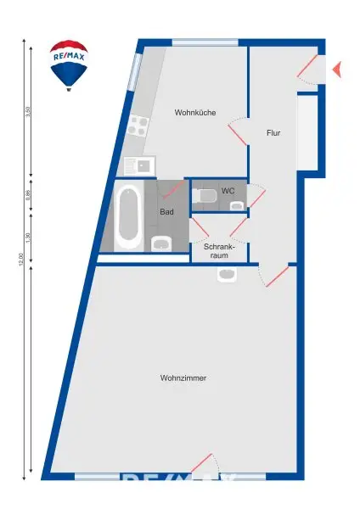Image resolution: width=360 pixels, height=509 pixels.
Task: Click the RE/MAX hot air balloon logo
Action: tap(69, 64)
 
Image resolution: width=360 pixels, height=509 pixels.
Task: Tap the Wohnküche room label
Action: tap(194, 113)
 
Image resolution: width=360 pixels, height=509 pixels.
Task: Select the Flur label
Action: tap(273, 133)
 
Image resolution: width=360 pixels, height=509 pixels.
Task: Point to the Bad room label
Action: tap(166, 212)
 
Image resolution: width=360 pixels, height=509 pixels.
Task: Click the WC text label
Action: tap(228, 191)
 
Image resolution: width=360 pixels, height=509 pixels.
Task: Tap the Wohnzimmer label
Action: tap(183, 378)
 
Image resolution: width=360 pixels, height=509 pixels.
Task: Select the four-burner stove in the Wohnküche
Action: tap(138, 127)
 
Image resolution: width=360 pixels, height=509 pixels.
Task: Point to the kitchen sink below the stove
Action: tap(138, 166)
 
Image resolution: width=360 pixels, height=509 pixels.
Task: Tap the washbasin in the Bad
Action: tap(161, 245)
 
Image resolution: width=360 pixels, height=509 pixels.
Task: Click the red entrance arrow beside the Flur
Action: tap(336, 70)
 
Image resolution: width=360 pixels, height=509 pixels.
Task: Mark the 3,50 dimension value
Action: tap(28, 112)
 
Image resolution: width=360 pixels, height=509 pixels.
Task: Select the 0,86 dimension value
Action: tap(28, 194)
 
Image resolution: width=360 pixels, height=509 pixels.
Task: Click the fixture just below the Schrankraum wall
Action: tap(227, 274)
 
